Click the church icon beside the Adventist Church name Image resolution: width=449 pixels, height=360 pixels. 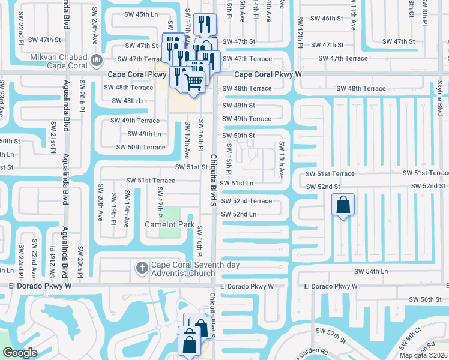click(x=142, y=266)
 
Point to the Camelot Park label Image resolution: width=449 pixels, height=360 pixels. click(x=169, y=225)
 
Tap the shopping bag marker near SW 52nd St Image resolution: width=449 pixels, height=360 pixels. click(x=343, y=205)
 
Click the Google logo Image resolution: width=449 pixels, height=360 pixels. click(x=20, y=353)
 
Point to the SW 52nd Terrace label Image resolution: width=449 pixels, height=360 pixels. click(x=246, y=201)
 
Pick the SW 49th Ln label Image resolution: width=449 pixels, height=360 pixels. click(x=142, y=134)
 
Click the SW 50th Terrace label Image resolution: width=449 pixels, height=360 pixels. click(x=140, y=147)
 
